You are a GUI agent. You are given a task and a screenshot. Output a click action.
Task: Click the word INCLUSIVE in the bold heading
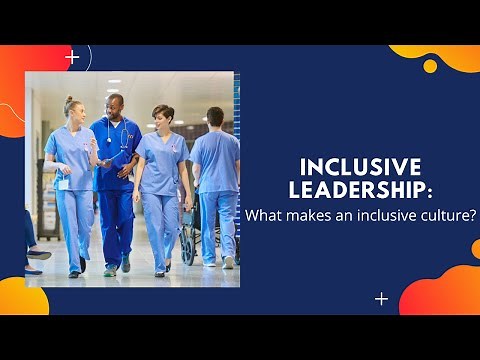coord(361,166)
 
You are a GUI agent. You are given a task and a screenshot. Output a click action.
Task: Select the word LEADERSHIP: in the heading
coord(361,189)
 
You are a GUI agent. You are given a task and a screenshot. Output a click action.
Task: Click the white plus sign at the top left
coord(72,58)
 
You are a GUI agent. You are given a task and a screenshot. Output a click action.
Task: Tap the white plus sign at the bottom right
coord(381,298)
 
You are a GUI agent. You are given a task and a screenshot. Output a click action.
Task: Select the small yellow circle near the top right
coord(430,66)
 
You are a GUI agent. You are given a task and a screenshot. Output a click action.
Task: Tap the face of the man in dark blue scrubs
coord(116,106)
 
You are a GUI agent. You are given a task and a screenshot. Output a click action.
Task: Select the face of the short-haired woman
coord(162,118)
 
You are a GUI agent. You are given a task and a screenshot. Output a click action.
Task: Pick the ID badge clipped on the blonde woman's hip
coord(64,184)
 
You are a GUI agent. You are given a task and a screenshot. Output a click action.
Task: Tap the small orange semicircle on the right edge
coord(475,248)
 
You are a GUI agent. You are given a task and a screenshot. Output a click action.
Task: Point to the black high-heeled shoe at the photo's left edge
coord(37,255)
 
